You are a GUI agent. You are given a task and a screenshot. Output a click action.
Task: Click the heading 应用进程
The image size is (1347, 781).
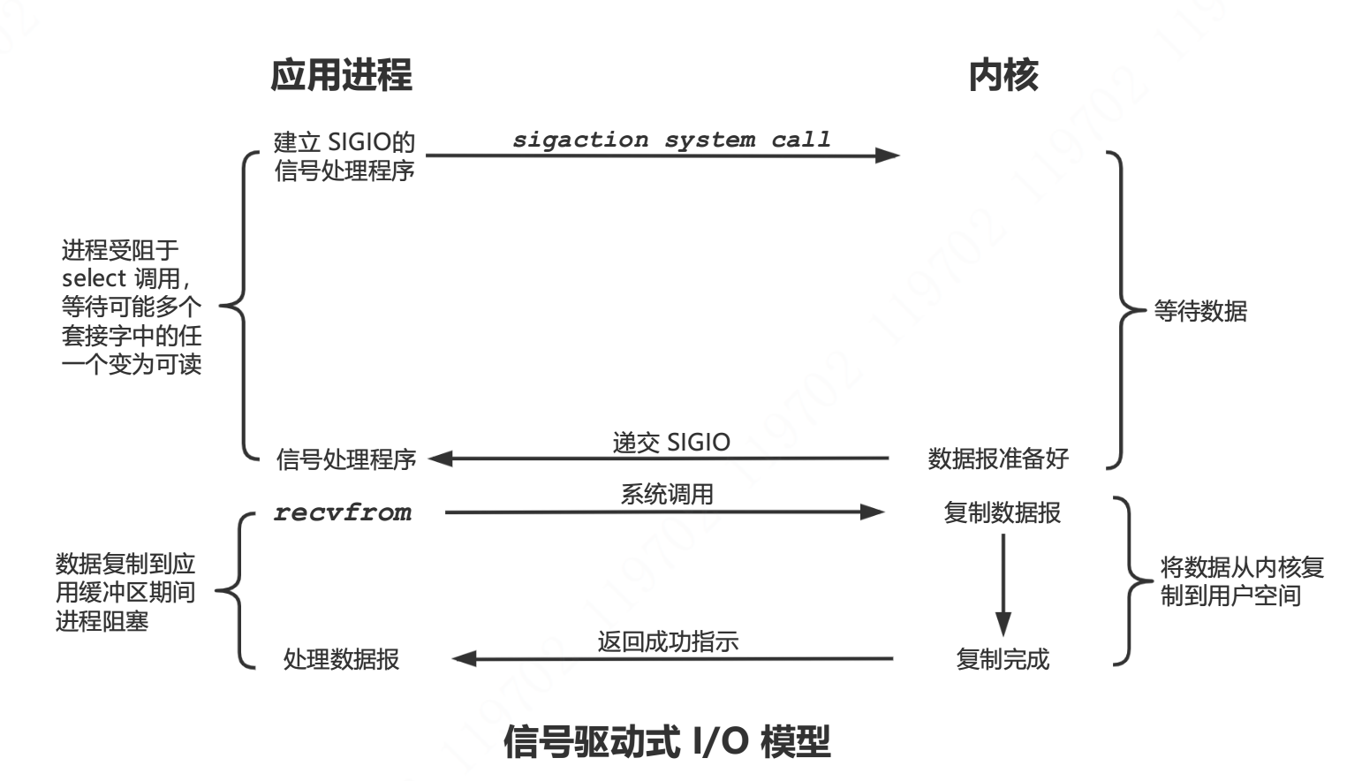(x=341, y=75)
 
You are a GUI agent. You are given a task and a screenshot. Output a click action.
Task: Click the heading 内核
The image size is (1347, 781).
(x=1003, y=75)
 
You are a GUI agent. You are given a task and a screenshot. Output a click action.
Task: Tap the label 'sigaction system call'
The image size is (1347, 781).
(x=671, y=140)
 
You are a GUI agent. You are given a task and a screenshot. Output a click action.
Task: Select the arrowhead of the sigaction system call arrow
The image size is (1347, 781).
(x=887, y=155)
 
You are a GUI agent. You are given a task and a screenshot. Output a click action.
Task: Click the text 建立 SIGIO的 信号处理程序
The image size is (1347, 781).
(x=344, y=156)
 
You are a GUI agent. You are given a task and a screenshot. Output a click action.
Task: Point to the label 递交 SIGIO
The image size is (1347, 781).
(x=671, y=442)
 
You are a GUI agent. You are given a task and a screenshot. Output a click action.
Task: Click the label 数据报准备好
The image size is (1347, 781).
(x=998, y=459)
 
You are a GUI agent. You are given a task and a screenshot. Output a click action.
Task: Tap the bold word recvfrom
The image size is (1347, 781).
(x=343, y=512)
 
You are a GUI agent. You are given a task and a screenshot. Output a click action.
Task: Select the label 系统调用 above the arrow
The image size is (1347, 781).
(x=667, y=494)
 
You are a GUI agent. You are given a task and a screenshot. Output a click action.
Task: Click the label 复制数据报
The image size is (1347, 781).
(x=1002, y=512)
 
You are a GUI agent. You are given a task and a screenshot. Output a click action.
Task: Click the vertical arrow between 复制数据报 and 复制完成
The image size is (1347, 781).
(x=1003, y=583)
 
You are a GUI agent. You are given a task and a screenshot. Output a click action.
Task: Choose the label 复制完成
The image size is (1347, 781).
(x=1003, y=659)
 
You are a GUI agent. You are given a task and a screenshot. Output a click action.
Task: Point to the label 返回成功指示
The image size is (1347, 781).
(x=668, y=641)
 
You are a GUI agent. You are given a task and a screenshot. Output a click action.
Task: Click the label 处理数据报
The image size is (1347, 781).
(x=341, y=659)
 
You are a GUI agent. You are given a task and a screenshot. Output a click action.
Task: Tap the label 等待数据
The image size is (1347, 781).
(x=1200, y=311)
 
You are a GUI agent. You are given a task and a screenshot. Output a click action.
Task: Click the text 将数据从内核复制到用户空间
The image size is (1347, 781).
(x=1241, y=581)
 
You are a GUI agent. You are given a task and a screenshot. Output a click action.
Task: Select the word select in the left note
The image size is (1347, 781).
(x=94, y=279)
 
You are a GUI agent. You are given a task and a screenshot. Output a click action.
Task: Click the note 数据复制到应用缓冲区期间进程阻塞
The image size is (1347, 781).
(x=125, y=592)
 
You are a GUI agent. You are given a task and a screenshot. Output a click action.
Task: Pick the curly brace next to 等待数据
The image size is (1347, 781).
(x=1122, y=309)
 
